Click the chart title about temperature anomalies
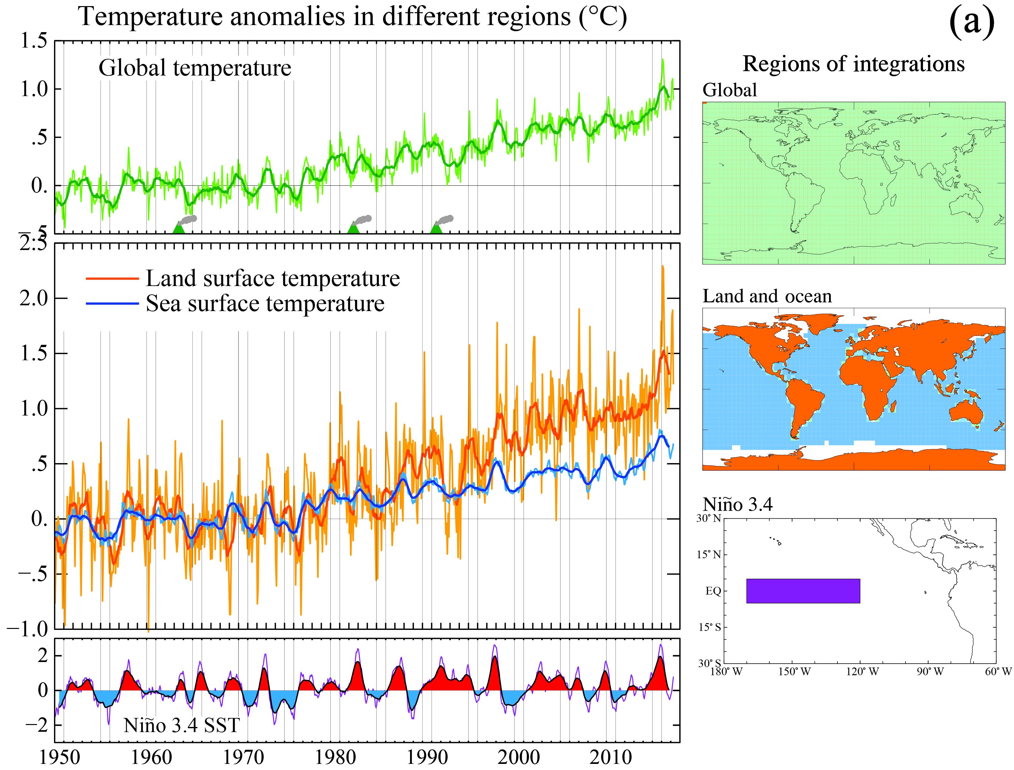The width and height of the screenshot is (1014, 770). (352, 17)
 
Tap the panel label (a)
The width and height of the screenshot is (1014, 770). (971, 22)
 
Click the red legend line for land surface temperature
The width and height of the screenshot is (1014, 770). (112, 278)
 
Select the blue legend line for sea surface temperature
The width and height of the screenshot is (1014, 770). (112, 303)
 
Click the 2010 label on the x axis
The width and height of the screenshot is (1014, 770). (610, 757)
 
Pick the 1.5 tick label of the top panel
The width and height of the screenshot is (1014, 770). (33, 41)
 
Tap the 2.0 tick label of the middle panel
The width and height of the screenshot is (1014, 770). (33, 298)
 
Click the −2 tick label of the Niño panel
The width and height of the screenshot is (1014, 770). (37, 725)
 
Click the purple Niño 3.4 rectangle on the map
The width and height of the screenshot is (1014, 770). (803, 591)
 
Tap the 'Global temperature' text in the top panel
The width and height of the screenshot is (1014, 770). (195, 68)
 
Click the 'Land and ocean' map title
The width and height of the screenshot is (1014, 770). (767, 297)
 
